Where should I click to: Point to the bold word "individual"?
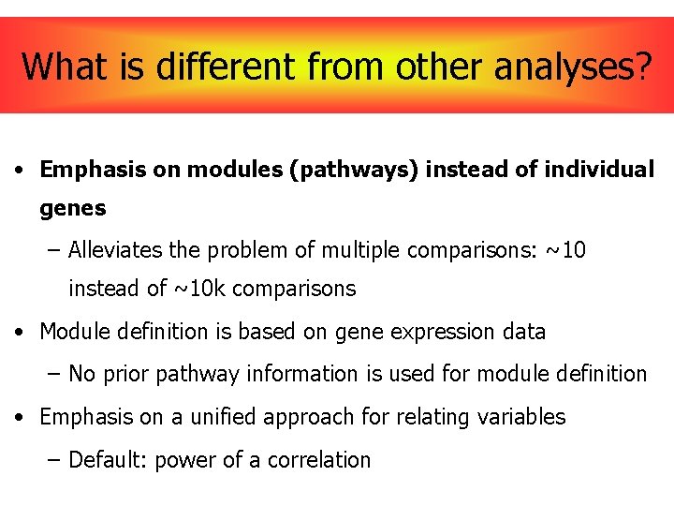point(598,170)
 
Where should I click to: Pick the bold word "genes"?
point(72,208)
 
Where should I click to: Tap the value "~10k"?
point(199,289)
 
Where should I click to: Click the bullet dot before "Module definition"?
point(19,333)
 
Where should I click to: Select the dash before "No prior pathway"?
point(53,374)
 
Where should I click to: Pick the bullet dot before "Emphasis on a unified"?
point(19,417)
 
